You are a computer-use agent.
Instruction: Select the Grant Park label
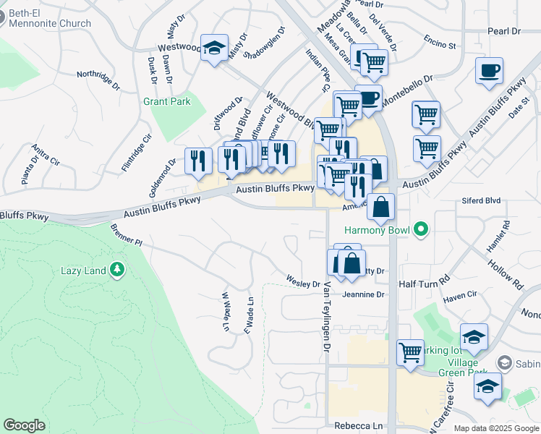tap(166, 102)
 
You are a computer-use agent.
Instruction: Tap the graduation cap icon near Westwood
tap(214, 48)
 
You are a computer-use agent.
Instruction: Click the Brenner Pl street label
tap(127, 233)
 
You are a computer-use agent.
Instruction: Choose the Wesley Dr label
tap(302, 278)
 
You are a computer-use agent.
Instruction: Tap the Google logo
tap(25, 425)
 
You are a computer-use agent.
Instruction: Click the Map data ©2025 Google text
tap(495, 428)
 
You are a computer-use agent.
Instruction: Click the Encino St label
tap(440, 45)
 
